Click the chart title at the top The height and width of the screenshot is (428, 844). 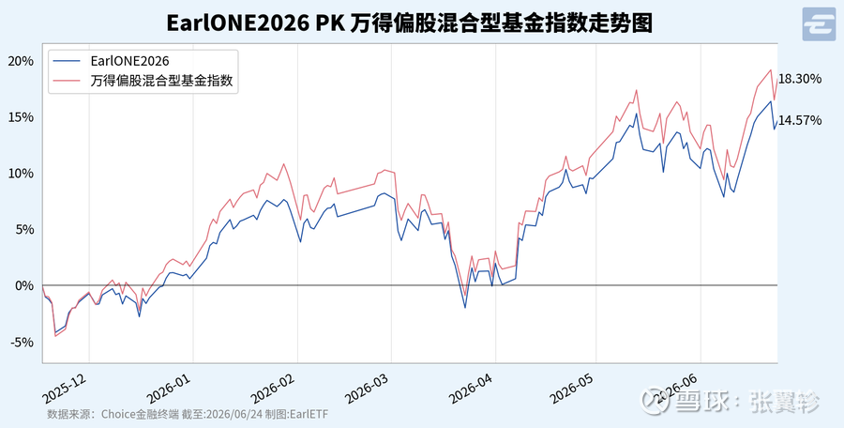pos(409,23)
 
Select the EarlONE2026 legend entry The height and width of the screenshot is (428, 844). pos(129,61)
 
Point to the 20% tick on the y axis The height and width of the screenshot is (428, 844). pos(21,61)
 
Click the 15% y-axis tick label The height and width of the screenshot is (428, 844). pos(21,117)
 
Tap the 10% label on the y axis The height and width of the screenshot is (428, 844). pos(21,173)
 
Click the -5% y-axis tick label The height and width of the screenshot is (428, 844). pos(23,342)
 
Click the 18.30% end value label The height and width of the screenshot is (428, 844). pos(800,79)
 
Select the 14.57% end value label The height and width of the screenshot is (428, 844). pos(800,120)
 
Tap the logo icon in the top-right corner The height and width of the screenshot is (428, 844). pos(819,24)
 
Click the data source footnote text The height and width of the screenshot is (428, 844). pos(188,414)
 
